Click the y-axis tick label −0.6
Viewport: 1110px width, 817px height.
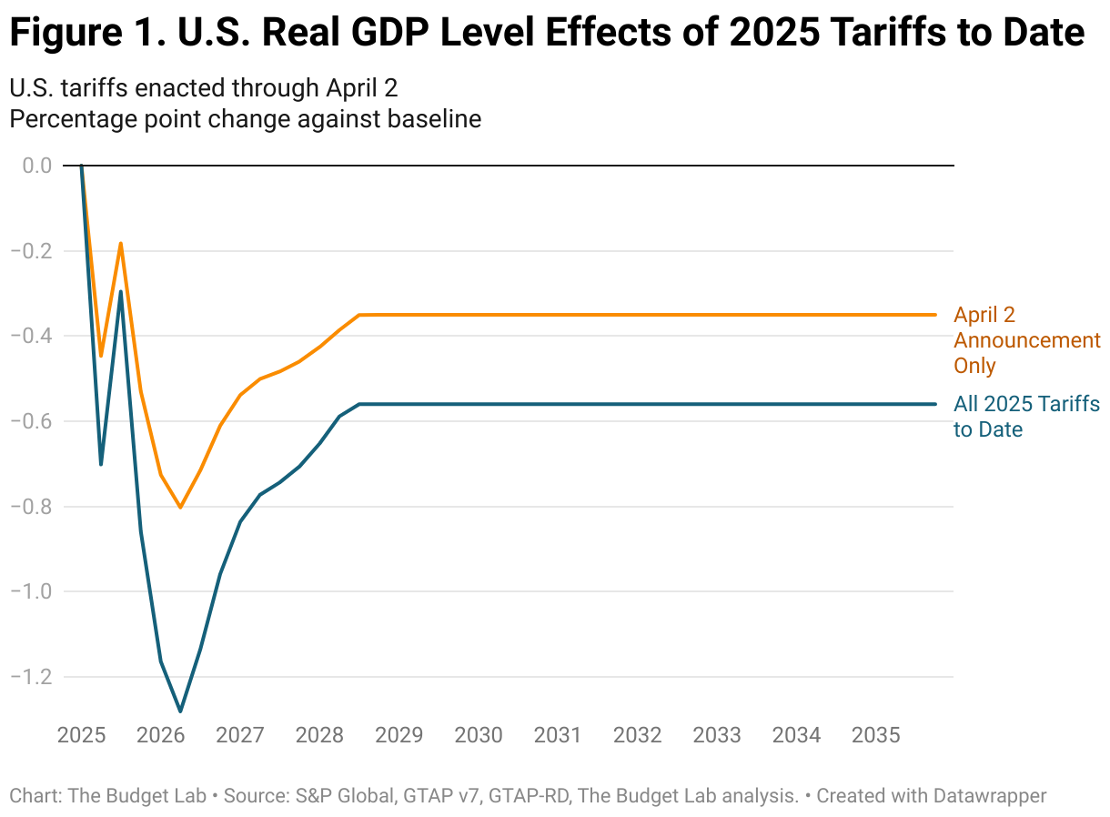(31, 421)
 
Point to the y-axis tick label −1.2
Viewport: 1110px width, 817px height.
(31, 678)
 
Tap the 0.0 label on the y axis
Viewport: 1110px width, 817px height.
(37, 166)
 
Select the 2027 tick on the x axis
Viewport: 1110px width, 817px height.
(239, 735)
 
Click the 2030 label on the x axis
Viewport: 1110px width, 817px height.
(478, 735)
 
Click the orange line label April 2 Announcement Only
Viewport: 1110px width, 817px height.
(1026, 340)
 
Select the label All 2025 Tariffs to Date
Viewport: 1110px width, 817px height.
(1026, 417)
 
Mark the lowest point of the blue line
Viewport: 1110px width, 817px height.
(180, 711)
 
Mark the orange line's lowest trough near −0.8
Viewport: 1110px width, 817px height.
(180, 507)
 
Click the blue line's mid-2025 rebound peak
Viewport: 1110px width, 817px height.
(120, 292)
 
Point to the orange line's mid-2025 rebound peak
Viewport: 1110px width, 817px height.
(120, 244)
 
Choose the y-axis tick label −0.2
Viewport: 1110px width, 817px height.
(31, 251)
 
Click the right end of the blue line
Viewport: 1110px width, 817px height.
(935, 404)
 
